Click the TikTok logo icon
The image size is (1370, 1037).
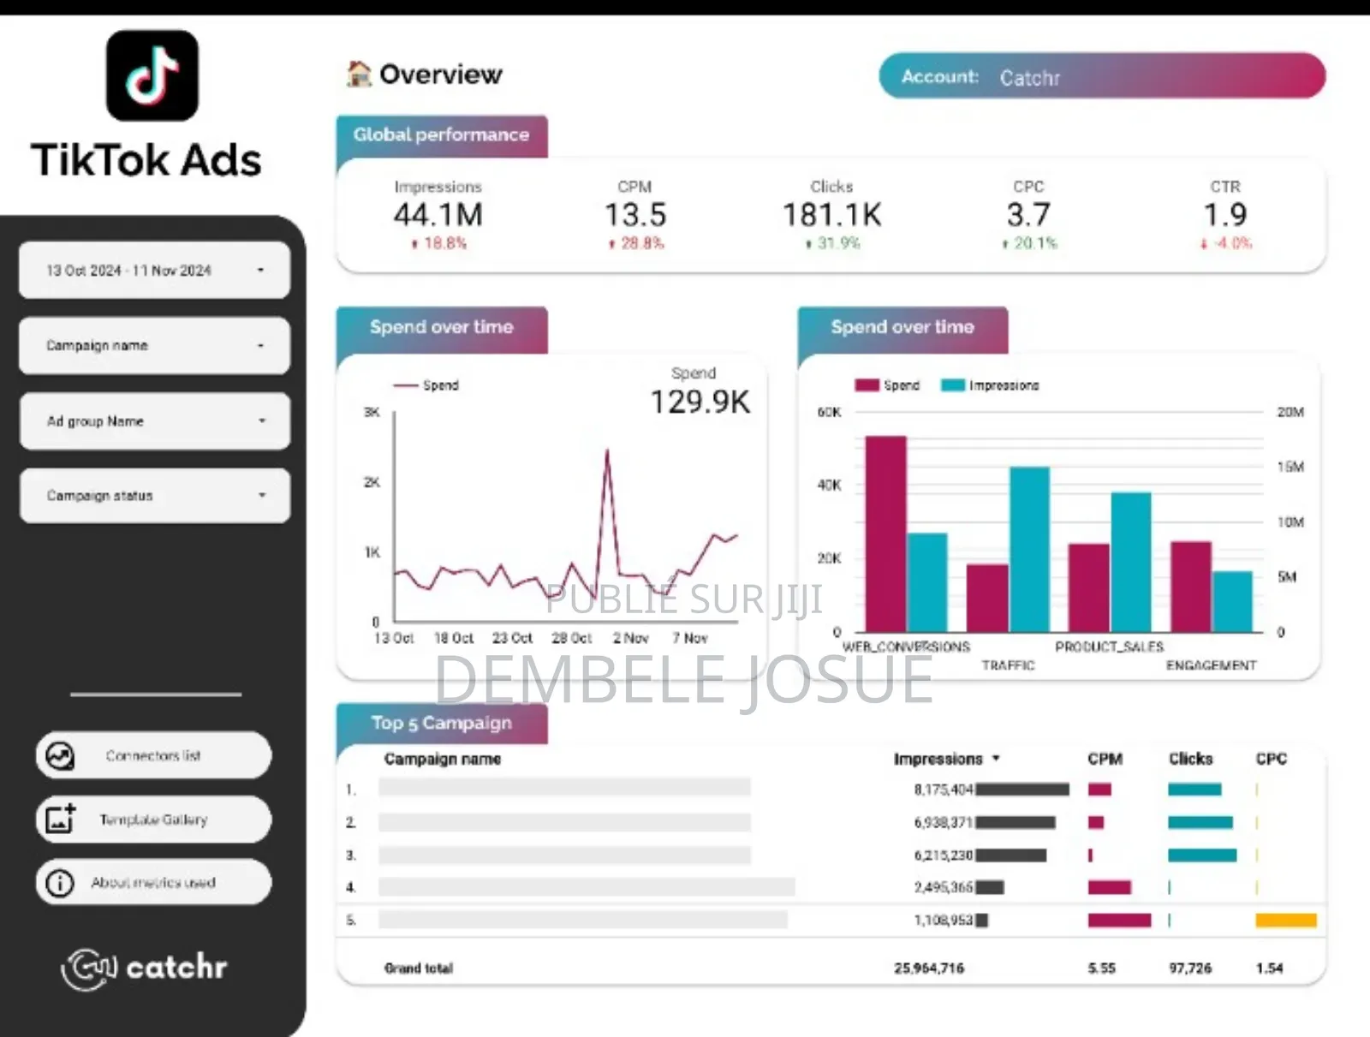(152, 75)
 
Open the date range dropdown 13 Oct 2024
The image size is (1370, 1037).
(154, 270)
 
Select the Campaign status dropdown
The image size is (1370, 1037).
(154, 495)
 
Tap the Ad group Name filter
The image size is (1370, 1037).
(154, 420)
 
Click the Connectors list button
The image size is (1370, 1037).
(153, 755)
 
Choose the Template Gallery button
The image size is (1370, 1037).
(153, 819)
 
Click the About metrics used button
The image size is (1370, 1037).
(153, 882)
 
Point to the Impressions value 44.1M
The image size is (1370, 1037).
(438, 215)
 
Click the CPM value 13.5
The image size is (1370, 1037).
(634, 215)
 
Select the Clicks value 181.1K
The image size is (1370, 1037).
(831, 215)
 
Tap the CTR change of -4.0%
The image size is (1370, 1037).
(1226, 243)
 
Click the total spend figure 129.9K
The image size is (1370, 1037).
(700, 402)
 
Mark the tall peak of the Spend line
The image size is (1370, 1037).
(607, 451)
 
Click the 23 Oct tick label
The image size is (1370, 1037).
(511, 638)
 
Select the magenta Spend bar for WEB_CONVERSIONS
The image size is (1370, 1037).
(885, 535)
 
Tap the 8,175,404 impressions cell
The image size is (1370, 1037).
(943, 790)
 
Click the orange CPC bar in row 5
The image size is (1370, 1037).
(1285, 921)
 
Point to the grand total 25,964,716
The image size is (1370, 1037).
(929, 968)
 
